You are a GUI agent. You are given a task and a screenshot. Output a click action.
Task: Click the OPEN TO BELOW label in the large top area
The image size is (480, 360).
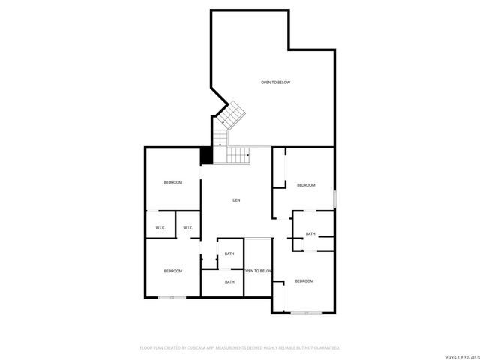(x=275, y=82)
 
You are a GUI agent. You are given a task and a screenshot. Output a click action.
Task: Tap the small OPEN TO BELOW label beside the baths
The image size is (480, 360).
(x=257, y=271)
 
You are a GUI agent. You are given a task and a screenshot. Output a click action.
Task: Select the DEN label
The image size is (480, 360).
(x=236, y=199)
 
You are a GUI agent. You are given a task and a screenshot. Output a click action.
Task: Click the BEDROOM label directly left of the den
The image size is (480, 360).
(x=173, y=182)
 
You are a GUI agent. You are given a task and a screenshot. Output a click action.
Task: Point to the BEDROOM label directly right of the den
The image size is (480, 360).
(x=306, y=185)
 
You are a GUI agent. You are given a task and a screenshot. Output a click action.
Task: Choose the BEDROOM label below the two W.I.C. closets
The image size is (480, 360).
(x=173, y=271)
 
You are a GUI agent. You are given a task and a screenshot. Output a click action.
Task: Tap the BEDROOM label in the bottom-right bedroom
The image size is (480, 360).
(x=304, y=281)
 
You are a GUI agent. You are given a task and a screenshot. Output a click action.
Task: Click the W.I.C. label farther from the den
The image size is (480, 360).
(x=160, y=228)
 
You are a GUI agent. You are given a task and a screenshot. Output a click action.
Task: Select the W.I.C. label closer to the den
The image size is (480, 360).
(x=187, y=228)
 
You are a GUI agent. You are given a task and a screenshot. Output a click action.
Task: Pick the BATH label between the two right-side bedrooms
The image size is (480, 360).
(x=310, y=234)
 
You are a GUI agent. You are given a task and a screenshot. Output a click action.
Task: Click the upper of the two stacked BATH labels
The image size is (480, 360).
(x=229, y=253)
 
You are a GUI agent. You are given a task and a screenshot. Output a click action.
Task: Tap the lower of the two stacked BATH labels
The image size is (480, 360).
(x=229, y=282)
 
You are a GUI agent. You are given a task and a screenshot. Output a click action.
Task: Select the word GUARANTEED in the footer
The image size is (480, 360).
(x=324, y=348)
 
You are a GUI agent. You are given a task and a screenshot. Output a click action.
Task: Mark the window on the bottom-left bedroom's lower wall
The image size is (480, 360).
(x=172, y=298)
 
